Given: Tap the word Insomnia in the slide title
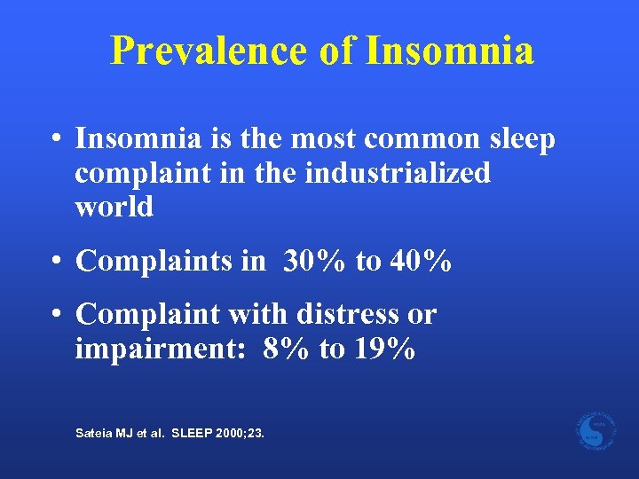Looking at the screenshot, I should pyautogui.click(x=449, y=51).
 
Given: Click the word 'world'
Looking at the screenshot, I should pyautogui.click(x=114, y=207).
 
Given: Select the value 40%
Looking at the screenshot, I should pyautogui.click(x=418, y=261).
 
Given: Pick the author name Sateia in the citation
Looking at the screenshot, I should pyautogui.click(x=93, y=434).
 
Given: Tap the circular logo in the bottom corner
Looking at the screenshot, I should pyautogui.click(x=595, y=430).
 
